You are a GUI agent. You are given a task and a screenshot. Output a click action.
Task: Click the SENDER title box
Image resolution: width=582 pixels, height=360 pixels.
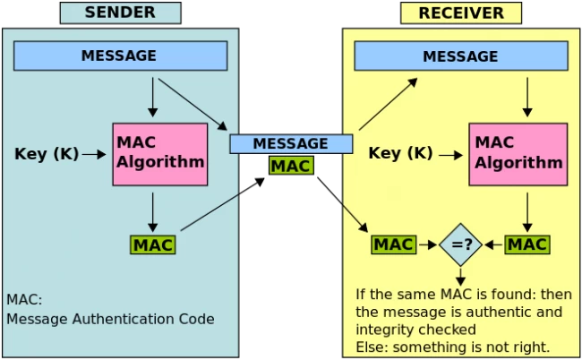click(121, 13)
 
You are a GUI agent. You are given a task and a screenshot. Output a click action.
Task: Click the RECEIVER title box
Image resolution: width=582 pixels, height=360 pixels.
click(461, 13)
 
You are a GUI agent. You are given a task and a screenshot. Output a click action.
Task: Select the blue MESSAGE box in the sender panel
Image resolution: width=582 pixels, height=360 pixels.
click(121, 56)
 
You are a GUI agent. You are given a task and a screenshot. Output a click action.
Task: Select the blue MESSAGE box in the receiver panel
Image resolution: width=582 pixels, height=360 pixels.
click(461, 56)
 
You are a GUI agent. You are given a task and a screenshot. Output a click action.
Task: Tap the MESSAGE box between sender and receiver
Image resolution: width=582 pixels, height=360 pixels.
click(291, 144)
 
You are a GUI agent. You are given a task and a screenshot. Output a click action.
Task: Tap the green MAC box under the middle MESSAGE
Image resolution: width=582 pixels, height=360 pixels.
click(291, 166)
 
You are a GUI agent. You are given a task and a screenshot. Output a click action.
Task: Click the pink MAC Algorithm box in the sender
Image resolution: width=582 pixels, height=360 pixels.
click(160, 154)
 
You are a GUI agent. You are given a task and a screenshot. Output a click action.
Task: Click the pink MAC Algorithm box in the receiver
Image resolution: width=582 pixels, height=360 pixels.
click(518, 154)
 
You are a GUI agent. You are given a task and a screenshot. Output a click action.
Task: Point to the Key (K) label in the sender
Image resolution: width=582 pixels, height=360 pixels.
click(47, 154)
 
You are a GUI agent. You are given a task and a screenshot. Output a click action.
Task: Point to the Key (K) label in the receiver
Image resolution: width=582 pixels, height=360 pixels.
click(400, 153)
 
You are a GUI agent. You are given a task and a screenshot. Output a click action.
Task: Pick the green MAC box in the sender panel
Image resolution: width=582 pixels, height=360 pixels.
click(153, 244)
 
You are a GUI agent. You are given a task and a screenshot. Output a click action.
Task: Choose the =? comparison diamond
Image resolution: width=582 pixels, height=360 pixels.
click(460, 244)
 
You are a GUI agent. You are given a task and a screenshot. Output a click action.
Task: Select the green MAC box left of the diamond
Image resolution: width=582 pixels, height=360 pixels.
click(394, 244)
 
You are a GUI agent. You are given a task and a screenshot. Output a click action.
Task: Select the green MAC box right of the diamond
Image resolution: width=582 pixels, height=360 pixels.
click(527, 244)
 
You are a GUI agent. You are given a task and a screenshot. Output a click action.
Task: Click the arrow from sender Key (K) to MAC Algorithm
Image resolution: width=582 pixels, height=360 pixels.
click(94, 154)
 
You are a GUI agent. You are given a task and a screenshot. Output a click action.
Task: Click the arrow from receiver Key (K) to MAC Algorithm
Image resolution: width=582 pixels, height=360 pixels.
click(451, 155)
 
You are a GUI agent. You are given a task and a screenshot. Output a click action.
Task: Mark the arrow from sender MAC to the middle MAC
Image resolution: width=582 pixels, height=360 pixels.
click(223, 204)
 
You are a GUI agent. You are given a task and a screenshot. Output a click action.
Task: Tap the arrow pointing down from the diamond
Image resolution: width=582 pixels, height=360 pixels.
click(460, 277)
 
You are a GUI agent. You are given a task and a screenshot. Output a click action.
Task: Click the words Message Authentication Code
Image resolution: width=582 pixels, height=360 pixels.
click(111, 319)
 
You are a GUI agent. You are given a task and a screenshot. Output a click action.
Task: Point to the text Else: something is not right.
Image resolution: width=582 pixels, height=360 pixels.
click(453, 347)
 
